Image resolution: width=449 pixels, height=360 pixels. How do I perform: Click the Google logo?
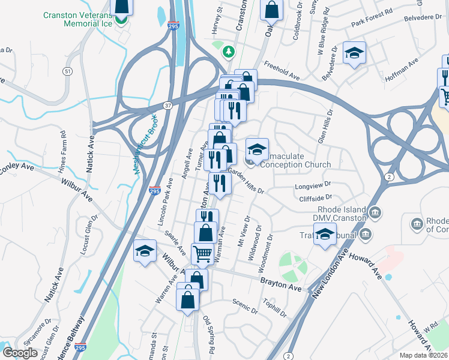pos(21,353)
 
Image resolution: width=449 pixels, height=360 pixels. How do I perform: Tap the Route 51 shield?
pos(68,71)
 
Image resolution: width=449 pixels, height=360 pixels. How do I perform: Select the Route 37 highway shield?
pos(168,106)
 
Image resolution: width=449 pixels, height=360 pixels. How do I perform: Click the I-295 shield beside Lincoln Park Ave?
pos(154,190)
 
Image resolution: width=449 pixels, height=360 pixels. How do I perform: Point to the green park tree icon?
pos(228,52)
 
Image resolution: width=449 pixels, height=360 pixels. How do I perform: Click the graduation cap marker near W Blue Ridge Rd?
pos(354,53)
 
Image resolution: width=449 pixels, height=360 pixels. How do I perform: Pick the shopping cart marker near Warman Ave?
pos(202,254)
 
